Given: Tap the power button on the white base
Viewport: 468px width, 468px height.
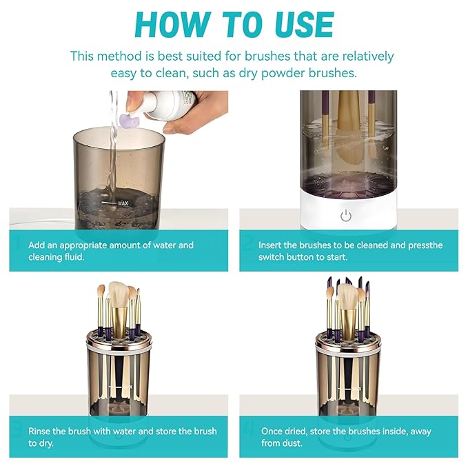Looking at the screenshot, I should pos(346,216).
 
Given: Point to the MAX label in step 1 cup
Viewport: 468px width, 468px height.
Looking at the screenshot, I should pos(123,204).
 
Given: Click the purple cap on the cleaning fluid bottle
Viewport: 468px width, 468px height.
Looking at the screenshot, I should pos(128,121).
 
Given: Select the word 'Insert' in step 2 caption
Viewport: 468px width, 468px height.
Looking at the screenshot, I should pos(271,245).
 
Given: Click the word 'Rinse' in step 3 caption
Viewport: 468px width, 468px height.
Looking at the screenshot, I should pos(41,431).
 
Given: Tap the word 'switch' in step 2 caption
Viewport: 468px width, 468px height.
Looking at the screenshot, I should pos(272,256).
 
